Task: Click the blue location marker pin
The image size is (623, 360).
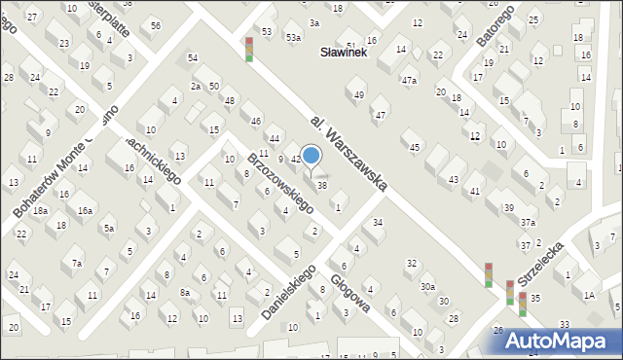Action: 311,156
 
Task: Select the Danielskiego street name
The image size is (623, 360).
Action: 289,290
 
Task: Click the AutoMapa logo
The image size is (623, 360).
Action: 563,341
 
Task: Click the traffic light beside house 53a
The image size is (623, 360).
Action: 248,49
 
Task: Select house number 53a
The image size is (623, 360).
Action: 293,37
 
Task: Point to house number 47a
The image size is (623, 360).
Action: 410,80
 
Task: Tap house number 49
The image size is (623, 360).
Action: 359,94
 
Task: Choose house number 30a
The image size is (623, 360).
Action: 427,287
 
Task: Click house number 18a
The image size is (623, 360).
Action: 40,210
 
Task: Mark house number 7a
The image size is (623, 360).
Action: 76,263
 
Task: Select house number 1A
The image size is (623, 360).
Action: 589,295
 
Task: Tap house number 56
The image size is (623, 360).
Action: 156,25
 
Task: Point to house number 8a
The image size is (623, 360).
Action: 185,292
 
